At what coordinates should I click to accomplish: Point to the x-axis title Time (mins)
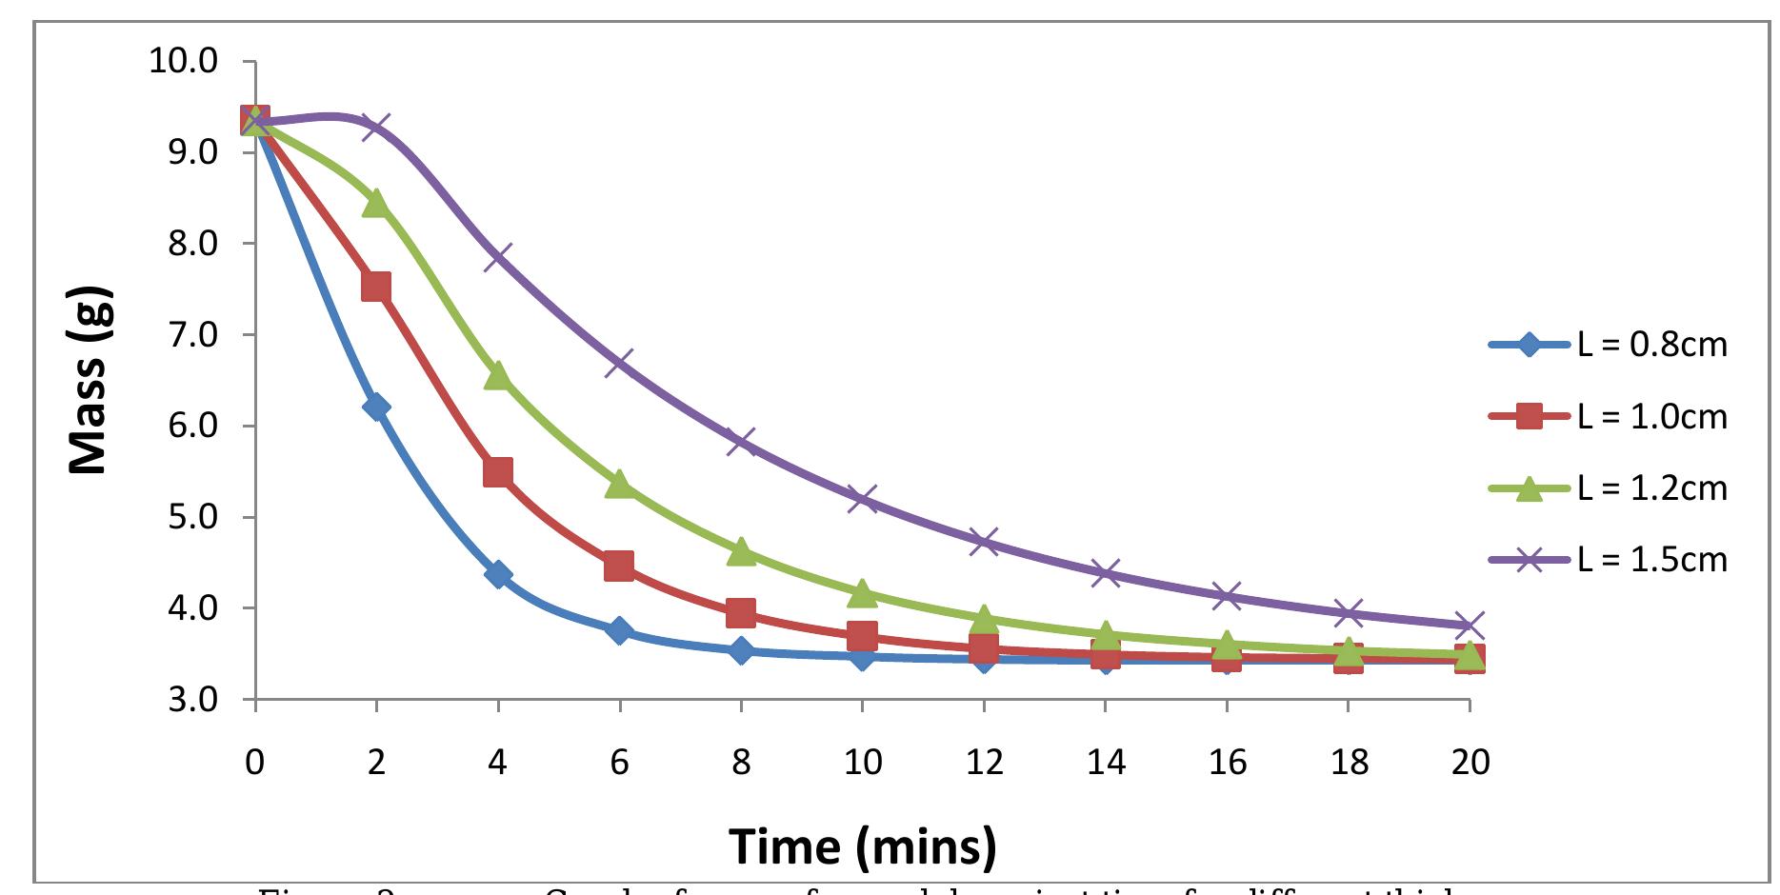(863, 845)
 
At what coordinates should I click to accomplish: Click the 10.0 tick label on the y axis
(184, 62)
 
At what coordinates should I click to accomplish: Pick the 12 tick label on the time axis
(984, 763)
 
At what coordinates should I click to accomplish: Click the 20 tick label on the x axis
(1470, 763)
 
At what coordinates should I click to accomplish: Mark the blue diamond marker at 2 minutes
(376, 408)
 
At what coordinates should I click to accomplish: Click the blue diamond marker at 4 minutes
(498, 574)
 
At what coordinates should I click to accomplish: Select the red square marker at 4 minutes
(498, 472)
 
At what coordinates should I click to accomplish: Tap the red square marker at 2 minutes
(376, 287)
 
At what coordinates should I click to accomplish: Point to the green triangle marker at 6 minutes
(620, 484)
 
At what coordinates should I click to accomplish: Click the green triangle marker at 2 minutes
(376, 202)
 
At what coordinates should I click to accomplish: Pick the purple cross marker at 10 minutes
(863, 499)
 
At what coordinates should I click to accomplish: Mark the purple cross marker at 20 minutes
(1470, 626)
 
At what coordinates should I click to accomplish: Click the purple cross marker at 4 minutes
(498, 257)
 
